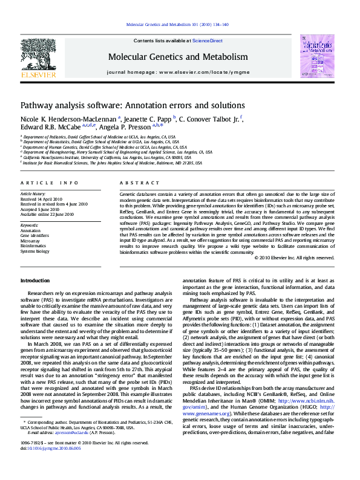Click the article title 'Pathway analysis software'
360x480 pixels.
point(128,105)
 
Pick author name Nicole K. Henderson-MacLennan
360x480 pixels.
point(68,118)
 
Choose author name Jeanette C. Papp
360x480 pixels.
point(148,118)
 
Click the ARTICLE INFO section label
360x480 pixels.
point(49,183)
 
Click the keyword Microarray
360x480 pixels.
point(30,241)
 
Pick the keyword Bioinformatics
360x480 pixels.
point(33,246)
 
